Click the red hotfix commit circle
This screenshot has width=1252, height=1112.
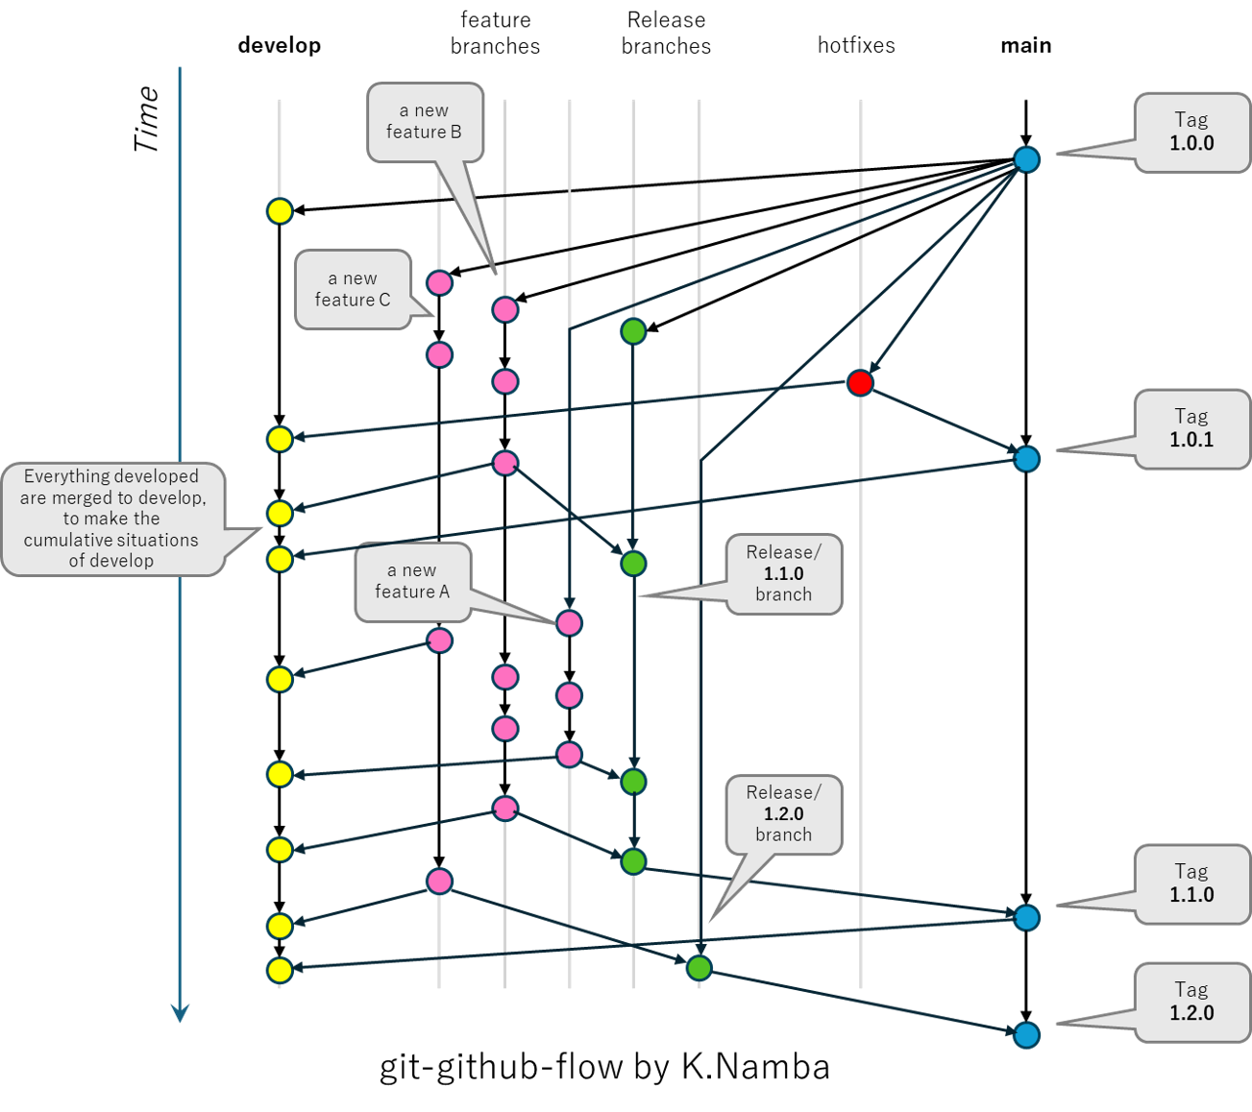pos(860,383)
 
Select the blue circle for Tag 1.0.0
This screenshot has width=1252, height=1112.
pos(1027,159)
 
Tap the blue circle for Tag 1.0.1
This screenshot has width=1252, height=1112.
pos(1027,459)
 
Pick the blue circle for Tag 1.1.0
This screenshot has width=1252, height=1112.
pos(1027,918)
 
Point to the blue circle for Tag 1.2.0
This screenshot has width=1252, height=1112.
pos(1027,1035)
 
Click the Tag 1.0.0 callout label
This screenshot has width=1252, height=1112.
pos(1191,133)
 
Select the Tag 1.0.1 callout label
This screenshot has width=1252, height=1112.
pos(1191,429)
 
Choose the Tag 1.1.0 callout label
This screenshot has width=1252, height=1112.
pos(1191,884)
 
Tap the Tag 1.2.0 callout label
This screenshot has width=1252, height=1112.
pos(1191,1003)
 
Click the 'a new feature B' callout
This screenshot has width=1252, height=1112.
pos(425,122)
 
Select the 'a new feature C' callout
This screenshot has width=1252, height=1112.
pos(353,289)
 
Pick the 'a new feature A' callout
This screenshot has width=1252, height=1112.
pos(412,582)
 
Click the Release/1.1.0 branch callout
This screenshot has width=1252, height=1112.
pos(783,574)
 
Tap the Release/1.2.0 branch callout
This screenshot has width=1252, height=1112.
pos(783,814)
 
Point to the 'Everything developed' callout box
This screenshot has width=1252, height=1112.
pos(112,519)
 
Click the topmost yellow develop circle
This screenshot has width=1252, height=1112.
pos(280,211)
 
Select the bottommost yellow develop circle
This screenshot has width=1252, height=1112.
pos(280,970)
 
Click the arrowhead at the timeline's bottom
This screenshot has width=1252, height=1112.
pos(180,1013)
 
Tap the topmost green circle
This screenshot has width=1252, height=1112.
pos(633,332)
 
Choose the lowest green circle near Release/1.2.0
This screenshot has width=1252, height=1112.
pos(700,968)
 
